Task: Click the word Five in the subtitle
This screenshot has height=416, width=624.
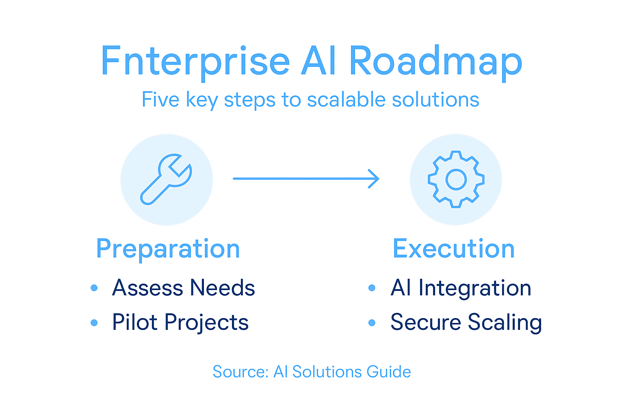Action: pyautogui.click(x=160, y=100)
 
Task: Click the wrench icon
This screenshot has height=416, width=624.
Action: pyautogui.click(x=166, y=179)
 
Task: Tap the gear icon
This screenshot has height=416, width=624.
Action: pyautogui.click(x=456, y=179)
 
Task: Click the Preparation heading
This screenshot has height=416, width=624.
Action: pyautogui.click(x=168, y=249)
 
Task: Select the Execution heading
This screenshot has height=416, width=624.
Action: pyautogui.click(x=453, y=249)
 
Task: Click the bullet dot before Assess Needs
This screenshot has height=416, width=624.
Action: pyautogui.click(x=94, y=288)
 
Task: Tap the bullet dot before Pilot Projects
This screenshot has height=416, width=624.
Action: pyautogui.click(x=94, y=323)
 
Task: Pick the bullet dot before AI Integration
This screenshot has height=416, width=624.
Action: pyautogui.click(x=372, y=288)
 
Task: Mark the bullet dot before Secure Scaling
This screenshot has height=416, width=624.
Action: pyautogui.click(x=372, y=323)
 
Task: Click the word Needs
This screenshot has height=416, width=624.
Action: pyautogui.click(x=222, y=288)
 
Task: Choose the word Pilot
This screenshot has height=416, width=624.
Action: pyautogui.click(x=134, y=323)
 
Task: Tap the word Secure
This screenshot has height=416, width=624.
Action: pyautogui.click(x=425, y=323)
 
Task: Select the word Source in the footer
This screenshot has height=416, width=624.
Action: pyautogui.click(x=240, y=372)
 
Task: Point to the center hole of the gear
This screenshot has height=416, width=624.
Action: pyautogui.click(x=456, y=179)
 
